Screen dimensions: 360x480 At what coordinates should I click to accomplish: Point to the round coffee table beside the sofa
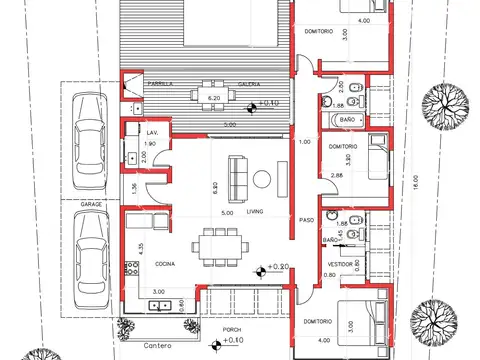262,179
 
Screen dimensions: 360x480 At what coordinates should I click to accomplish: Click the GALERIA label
249,85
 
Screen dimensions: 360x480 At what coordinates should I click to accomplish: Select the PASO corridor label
306,221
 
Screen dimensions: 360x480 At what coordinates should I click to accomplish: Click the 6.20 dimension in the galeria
213,99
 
